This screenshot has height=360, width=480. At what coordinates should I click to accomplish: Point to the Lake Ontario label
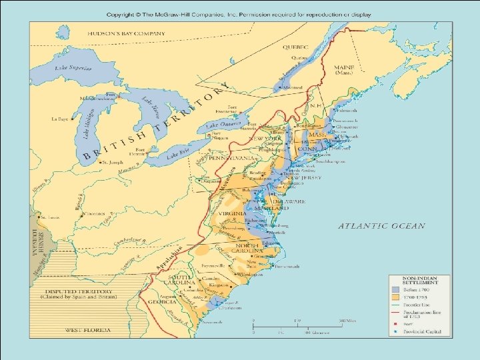point(222,125)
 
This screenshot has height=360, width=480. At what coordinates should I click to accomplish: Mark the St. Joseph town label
point(109,162)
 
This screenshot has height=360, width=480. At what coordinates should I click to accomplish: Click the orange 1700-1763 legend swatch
point(395,298)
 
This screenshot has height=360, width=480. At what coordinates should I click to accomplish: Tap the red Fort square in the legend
point(395,324)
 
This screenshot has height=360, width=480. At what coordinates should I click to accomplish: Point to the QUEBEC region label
point(294,48)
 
